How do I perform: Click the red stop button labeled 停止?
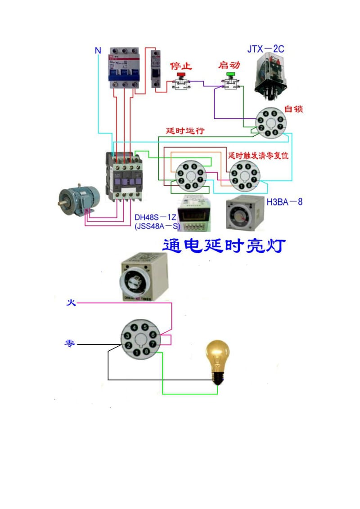point(181,75)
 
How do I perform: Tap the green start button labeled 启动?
point(231,74)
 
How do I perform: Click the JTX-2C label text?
point(265,49)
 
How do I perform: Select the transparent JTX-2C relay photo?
point(270,74)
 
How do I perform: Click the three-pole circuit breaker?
point(124,67)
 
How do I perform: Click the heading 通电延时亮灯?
point(224,246)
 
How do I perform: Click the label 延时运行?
point(185,131)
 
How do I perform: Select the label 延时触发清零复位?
point(258,156)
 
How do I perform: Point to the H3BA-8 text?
point(284,202)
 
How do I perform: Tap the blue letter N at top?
point(98,50)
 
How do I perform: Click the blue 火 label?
point(71,303)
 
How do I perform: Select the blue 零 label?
point(70,344)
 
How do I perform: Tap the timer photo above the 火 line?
point(141,277)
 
